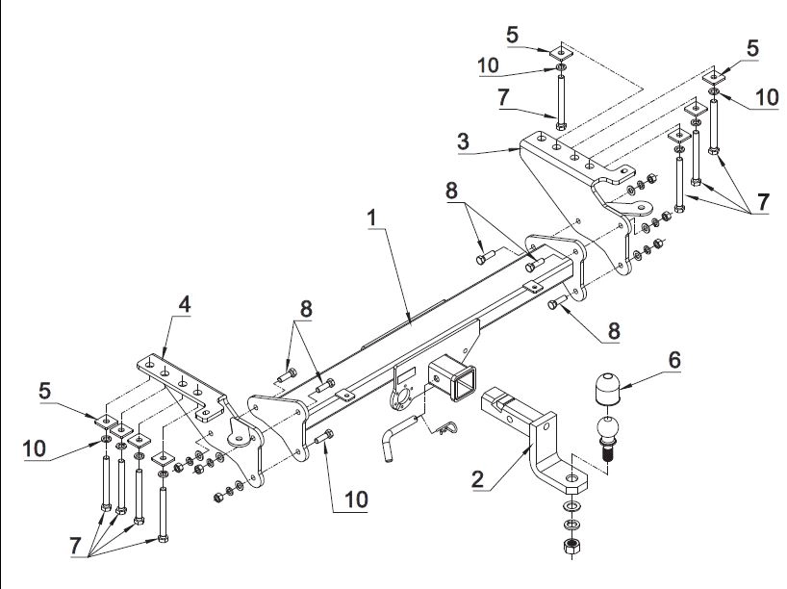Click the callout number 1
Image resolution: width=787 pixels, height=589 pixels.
click(372, 218)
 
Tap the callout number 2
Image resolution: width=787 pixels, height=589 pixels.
click(477, 479)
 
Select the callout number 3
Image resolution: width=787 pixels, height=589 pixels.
click(464, 141)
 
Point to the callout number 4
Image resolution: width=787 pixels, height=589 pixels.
click(185, 304)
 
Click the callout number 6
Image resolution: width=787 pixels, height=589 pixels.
click(674, 360)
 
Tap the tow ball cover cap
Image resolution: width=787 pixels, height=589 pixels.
click(607, 388)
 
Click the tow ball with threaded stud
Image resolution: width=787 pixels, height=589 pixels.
click(607, 437)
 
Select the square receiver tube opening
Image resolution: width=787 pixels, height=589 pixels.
click(463, 384)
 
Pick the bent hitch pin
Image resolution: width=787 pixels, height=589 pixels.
click(399, 437)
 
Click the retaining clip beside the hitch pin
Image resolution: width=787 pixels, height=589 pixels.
click(446, 428)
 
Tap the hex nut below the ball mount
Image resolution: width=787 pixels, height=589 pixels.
click(571, 546)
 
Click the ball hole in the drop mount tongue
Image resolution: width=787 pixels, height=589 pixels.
click(571, 477)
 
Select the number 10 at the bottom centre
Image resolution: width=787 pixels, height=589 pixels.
click(356, 499)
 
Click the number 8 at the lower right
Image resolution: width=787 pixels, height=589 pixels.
click(614, 331)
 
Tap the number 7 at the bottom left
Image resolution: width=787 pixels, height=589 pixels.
click(75, 546)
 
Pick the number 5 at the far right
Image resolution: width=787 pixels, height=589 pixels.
click(751, 49)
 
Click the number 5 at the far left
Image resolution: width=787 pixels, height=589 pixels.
click(44, 391)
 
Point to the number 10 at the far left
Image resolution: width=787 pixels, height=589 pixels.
click(34, 448)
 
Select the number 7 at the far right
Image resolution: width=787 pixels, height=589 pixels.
click(763, 202)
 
